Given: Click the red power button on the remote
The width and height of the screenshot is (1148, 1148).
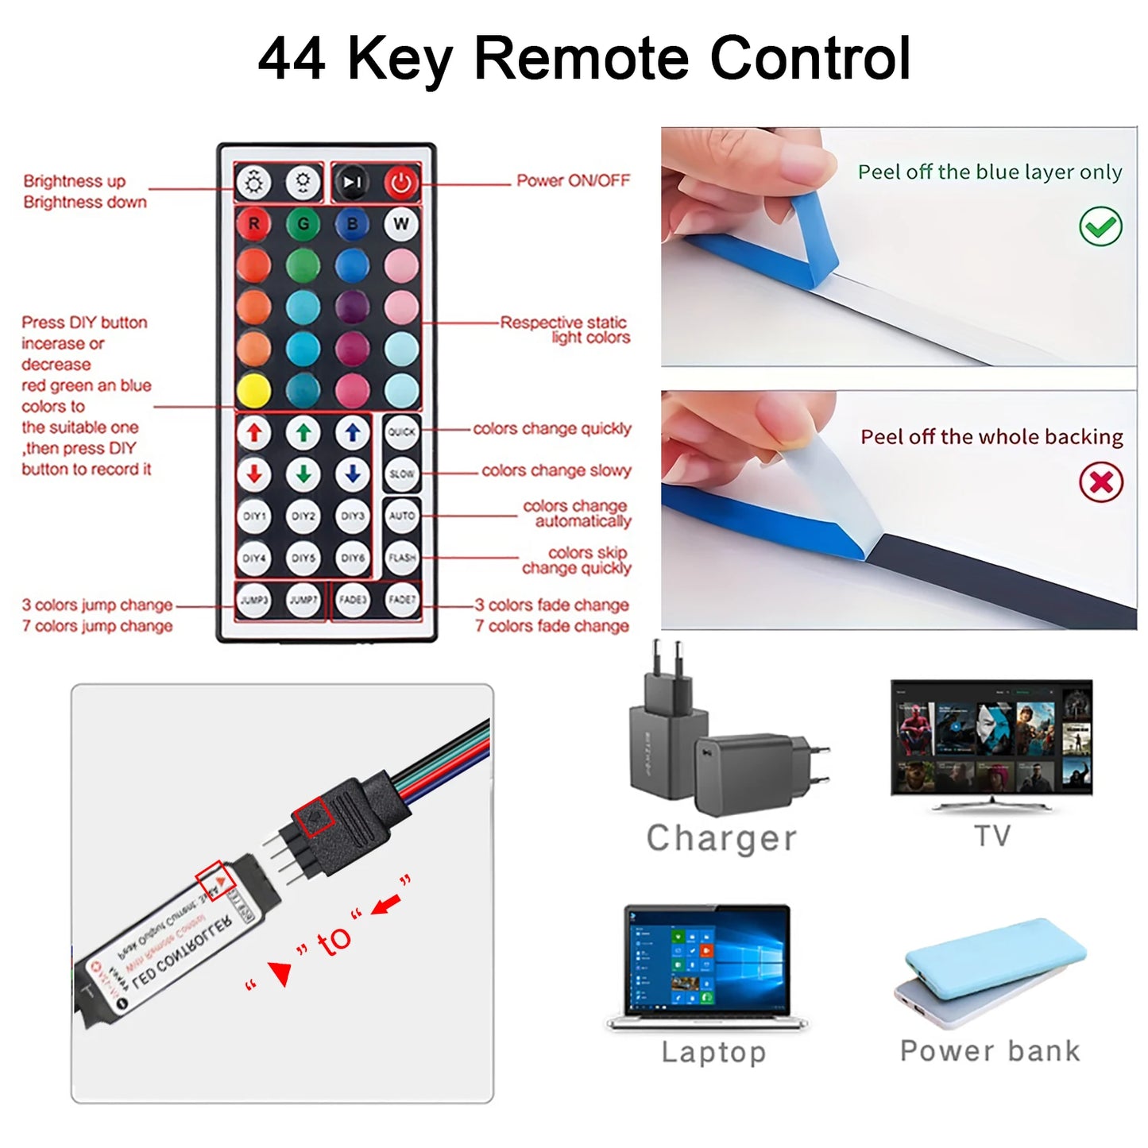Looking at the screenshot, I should [x=401, y=184].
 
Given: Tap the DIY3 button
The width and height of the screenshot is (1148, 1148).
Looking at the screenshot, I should [x=352, y=516].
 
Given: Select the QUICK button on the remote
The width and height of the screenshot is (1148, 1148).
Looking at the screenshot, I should [x=401, y=432].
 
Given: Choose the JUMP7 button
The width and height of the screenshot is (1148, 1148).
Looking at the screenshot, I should [x=303, y=600].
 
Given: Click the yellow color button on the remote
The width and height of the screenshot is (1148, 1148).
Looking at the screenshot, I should [x=253, y=390].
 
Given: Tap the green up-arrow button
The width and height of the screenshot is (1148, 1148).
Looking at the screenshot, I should [x=303, y=432].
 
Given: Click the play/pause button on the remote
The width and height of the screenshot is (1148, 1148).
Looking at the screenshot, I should [x=351, y=184].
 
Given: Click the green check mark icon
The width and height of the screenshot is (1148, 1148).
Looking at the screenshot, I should [x=1100, y=226].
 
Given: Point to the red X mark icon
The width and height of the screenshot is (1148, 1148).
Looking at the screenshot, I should [x=1100, y=481].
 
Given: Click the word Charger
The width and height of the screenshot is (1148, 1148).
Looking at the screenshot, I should [x=721, y=838].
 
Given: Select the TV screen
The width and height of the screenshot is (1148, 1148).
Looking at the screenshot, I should [x=991, y=737].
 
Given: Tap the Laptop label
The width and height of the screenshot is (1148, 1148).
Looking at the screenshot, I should [x=713, y=1052].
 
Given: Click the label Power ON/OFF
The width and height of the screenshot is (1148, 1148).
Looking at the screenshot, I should [x=573, y=181].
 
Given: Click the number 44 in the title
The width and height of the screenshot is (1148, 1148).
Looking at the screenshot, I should [x=292, y=59].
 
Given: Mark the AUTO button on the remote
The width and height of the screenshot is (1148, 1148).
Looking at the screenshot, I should [x=401, y=516].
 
